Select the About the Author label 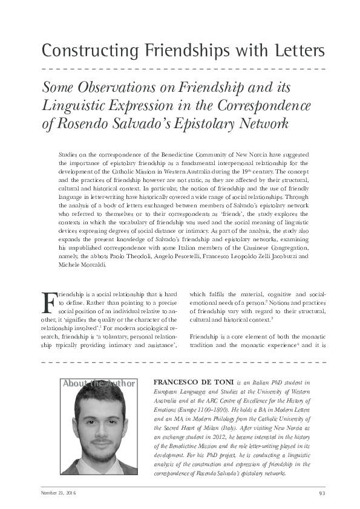pyautogui.click(x=99, y=383)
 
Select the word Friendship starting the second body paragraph pyautogui.click(x=206, y=336)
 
